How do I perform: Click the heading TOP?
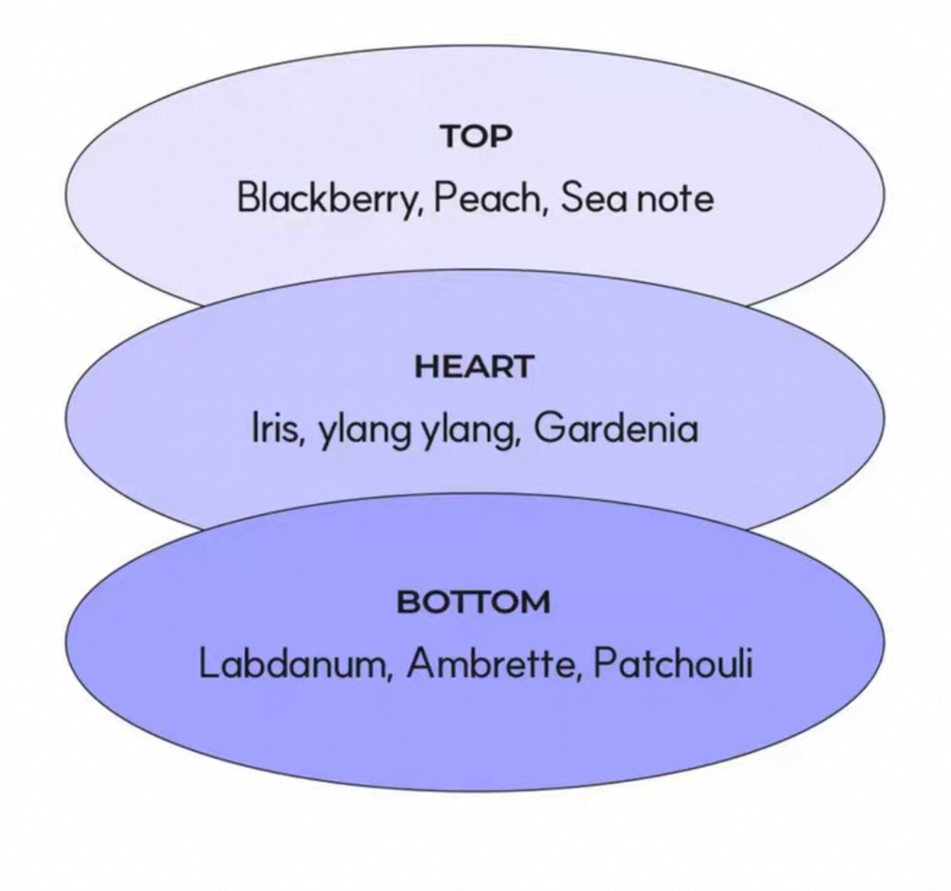tap(476, 136)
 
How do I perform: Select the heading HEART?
tap(473, 367)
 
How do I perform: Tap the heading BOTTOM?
tap(473, 601)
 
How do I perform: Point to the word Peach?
tap(487, 198)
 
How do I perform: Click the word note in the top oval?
tap(675, 200)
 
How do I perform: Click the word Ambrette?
tap(489, 664)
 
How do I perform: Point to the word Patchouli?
tap(673, 664)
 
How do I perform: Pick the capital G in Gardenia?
tap(548, 429)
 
